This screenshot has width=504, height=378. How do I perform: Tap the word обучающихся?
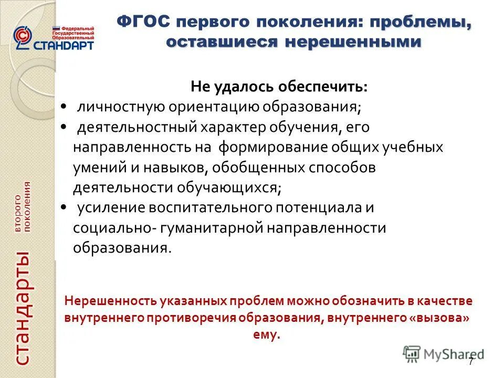[230, 187]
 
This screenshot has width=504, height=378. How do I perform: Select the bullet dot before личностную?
[63, 107]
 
